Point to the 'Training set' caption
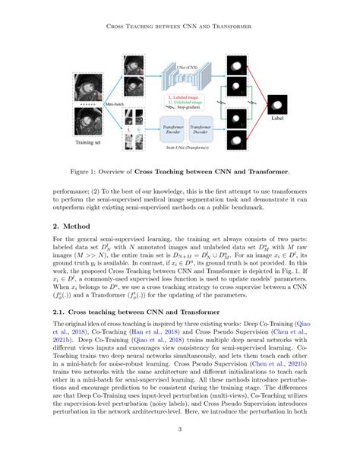90,142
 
